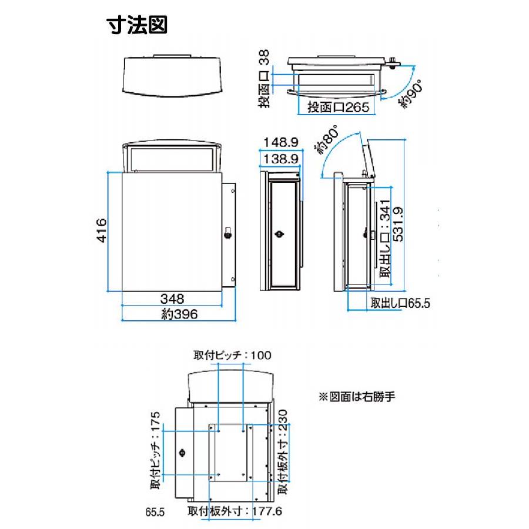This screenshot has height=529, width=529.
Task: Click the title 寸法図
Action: [137, 25]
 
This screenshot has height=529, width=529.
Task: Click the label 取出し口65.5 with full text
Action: [400, 304]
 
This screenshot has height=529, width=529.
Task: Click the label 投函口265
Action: [334, 107]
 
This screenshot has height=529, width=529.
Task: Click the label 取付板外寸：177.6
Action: [235, 511]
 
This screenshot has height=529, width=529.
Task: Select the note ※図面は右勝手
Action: [356, 397]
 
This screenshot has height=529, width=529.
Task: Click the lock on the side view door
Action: [280, 234]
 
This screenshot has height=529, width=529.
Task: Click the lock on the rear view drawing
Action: [182, 453]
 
